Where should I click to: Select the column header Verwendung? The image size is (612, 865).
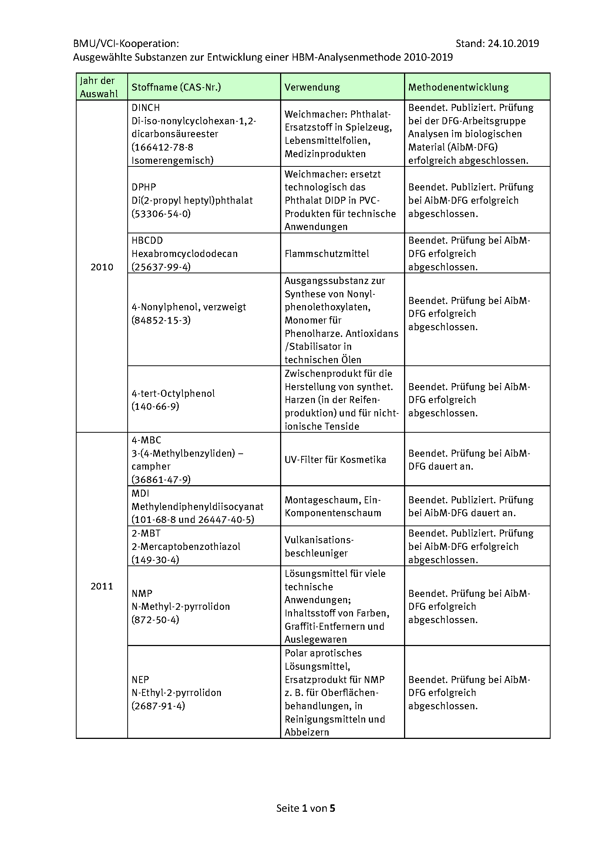click(312, 87)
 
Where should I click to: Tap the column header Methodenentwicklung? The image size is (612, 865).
click(458, 87)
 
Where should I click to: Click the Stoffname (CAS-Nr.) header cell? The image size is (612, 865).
click(176, 87)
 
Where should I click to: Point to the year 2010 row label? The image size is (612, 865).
click(102, 267)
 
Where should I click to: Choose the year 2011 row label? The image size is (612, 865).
click(102, 586)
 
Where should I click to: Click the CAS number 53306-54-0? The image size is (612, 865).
click(161, 214)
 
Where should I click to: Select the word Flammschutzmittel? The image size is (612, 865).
click(327, 254)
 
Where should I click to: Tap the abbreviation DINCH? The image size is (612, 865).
click(146, 108)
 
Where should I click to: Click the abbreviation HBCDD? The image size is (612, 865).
click(147, 240)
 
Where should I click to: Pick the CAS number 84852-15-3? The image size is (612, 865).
click(161, 320)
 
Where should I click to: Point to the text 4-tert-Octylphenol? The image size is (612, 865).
click(173, 393)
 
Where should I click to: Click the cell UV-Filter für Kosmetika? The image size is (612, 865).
click(335, 460)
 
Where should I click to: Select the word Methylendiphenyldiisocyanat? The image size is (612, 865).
click(197, 507)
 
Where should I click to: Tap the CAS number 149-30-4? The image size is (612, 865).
click(155, 560)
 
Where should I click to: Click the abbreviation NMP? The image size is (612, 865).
click(142, 593)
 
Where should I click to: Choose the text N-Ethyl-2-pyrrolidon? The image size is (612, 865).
click(176, 692)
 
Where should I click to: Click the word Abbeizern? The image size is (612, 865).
click(307, 732)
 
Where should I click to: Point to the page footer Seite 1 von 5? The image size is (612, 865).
click(306, 808)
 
